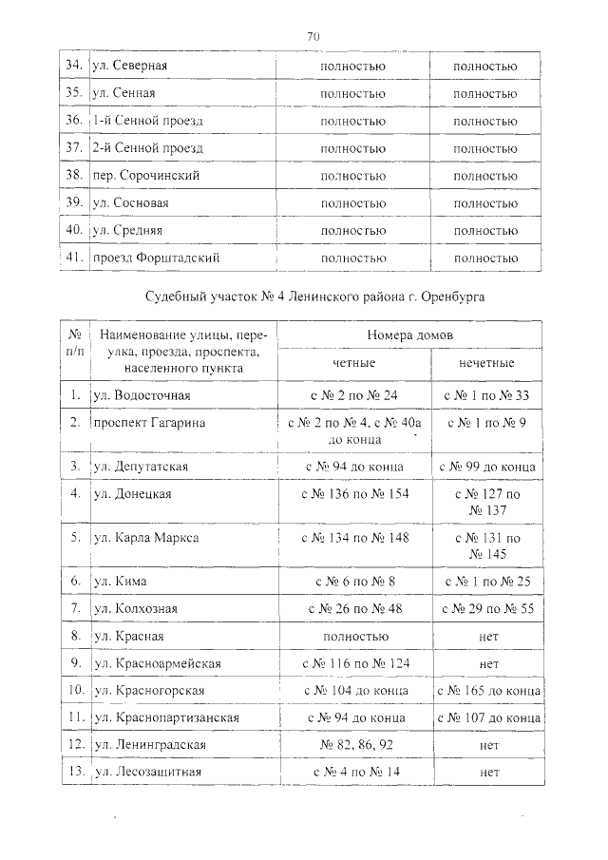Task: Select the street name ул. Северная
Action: [130, 67]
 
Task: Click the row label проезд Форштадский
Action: [157, 258]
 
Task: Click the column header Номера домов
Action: [409, 336]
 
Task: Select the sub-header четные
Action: [353, 364]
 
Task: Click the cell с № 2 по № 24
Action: [353, 394]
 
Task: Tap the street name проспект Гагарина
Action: [149, 422]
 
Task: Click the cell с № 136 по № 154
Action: [353, 494]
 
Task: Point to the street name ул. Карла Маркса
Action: [145, 538]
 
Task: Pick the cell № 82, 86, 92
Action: [353, 745]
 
